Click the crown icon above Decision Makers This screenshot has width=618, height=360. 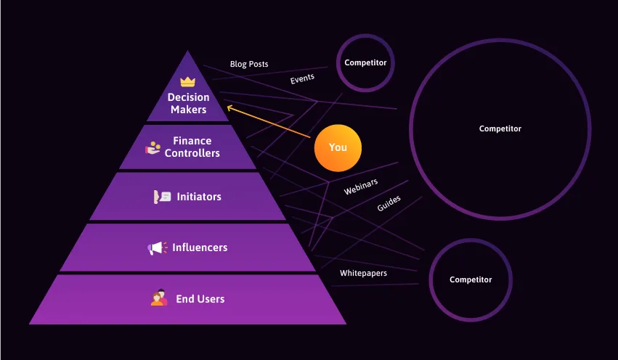[188, 82]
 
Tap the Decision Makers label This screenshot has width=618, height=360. [188, 103]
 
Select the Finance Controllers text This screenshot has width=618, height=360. [192, 147]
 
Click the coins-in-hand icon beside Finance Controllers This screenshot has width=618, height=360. [153, 147]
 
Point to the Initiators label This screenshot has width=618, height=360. [198, 197]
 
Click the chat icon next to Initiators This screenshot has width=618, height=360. [162, 197]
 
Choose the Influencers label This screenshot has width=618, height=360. [199, 247]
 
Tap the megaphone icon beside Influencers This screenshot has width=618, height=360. [157, 248]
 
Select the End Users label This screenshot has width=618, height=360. [200, 298]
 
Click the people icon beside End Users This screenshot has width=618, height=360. [159, 298]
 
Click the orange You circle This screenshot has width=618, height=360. [338, 147]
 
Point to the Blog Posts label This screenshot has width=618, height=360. [249, 64]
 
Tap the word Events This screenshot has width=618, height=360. [302, 79]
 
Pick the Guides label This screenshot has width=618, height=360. [389, 203]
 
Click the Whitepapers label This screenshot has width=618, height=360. [363, 273]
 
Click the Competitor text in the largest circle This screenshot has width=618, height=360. [500, 128]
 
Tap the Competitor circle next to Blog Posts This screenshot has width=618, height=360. [365, 62]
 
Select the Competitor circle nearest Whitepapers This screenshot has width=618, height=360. [471, 279]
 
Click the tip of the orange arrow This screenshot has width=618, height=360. [228, 107]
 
